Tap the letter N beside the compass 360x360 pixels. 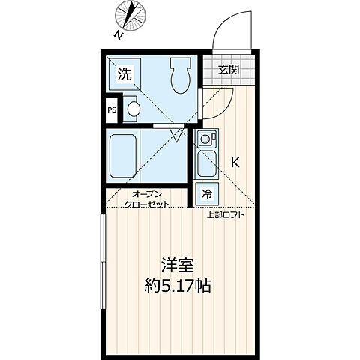click(x=118, y=34)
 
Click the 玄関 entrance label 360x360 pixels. click(x=229, y=70)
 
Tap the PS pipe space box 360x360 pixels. click(x=112, y=110)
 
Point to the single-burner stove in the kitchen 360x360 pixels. click(x=206, y=139)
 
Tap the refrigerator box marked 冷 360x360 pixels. click(x=206, y=194)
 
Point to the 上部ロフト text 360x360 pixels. click(x=226, y=216)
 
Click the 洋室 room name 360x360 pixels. click(x=177, y=265)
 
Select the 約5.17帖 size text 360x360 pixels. click(x=177, y=286)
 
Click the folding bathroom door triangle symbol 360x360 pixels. click(x=178, y=134)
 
